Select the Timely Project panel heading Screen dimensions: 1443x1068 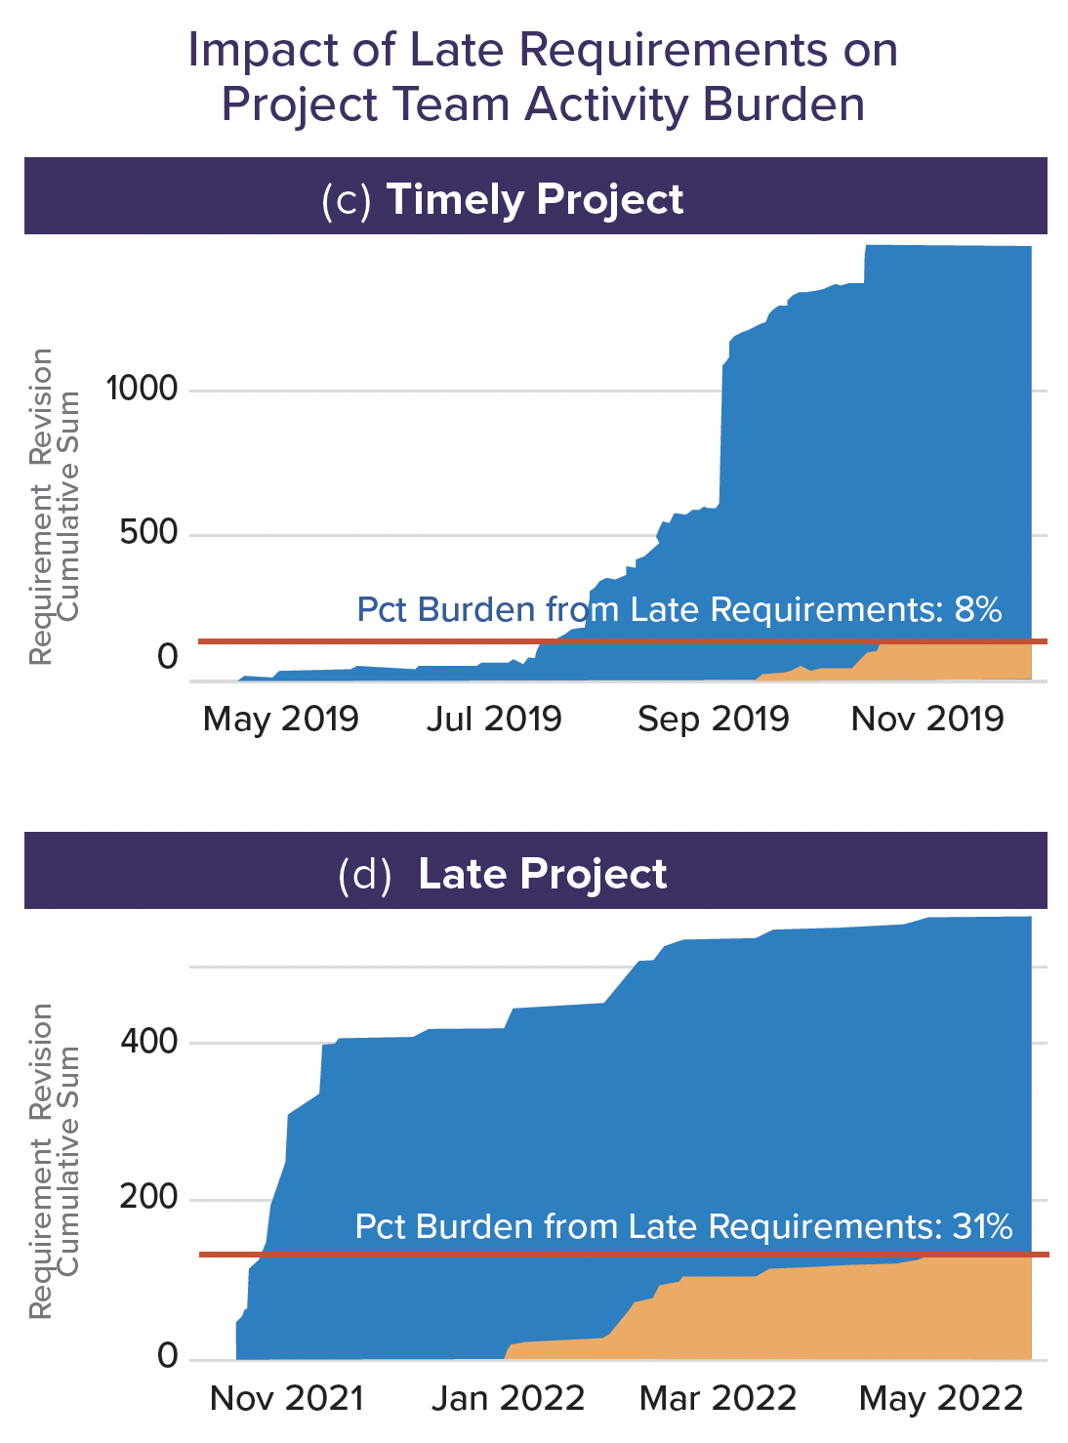tap(535, 199)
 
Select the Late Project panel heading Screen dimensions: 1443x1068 tap(542, 874)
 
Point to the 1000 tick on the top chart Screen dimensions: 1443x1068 tap(143, 390)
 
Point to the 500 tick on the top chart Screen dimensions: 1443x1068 tap(148, 533)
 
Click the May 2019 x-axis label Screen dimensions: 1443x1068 tap(281, 720)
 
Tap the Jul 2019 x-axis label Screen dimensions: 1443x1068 tap(494, 720)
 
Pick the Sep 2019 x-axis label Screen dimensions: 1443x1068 tap(713, 720)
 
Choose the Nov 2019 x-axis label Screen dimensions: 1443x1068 tap(927, 720)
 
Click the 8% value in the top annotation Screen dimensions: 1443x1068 tap(978, 609)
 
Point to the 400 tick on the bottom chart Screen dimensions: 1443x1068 tap(148, 1042)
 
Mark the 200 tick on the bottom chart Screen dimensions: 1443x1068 tap(148, 1198)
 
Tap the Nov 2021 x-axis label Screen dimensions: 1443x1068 tap(286, 1399)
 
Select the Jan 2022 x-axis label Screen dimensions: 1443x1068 tap(508, 1399)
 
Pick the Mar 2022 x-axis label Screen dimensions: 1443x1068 tap(718, 1399)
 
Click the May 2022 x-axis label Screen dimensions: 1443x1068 tap(941, 1399)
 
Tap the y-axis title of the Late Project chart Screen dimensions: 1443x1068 tap(54, 1162)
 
